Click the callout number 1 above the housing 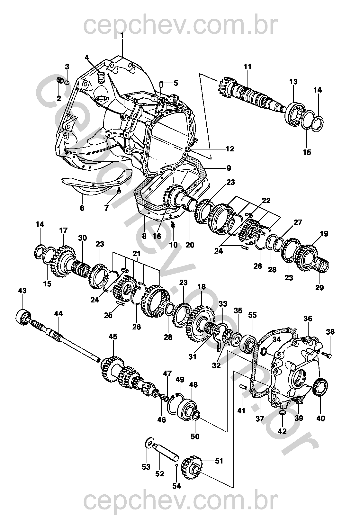click(122, 36)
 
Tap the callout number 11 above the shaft click(248, 67)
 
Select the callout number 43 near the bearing click(22, 291)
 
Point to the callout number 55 click(253, 315)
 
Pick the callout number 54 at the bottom click(176, 486)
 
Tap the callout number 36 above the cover click(308, 319)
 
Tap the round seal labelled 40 click(320, 388)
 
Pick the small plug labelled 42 click(282, 412)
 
